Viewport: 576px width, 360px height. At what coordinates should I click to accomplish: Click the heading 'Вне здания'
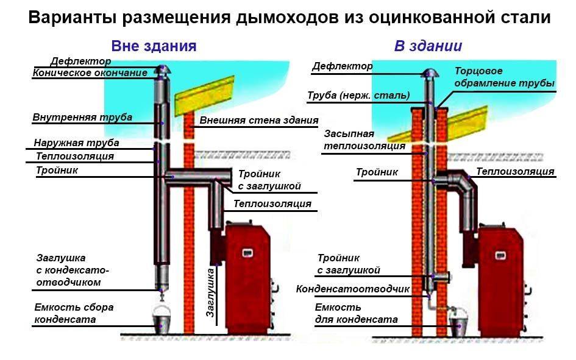(x=154, y=46)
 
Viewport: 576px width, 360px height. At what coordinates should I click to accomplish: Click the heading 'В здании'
(x=428, y=46)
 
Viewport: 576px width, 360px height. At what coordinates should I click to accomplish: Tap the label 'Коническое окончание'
(x=89, y=73)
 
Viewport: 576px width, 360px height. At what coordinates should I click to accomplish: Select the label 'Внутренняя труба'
(x=82, y=117)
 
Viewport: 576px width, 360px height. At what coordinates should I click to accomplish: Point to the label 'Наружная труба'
(x=76, y=143)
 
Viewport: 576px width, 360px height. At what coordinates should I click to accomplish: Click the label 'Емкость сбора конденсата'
(x=74, y=313)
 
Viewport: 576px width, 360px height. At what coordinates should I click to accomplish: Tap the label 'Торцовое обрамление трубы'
(x=504, y=77)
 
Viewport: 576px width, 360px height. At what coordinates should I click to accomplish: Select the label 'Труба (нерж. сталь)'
(x=358, y=95)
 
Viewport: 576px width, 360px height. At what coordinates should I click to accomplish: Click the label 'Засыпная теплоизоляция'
(x=364, y=139)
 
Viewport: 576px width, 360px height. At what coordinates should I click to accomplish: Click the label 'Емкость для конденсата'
(x=356, y=313)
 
